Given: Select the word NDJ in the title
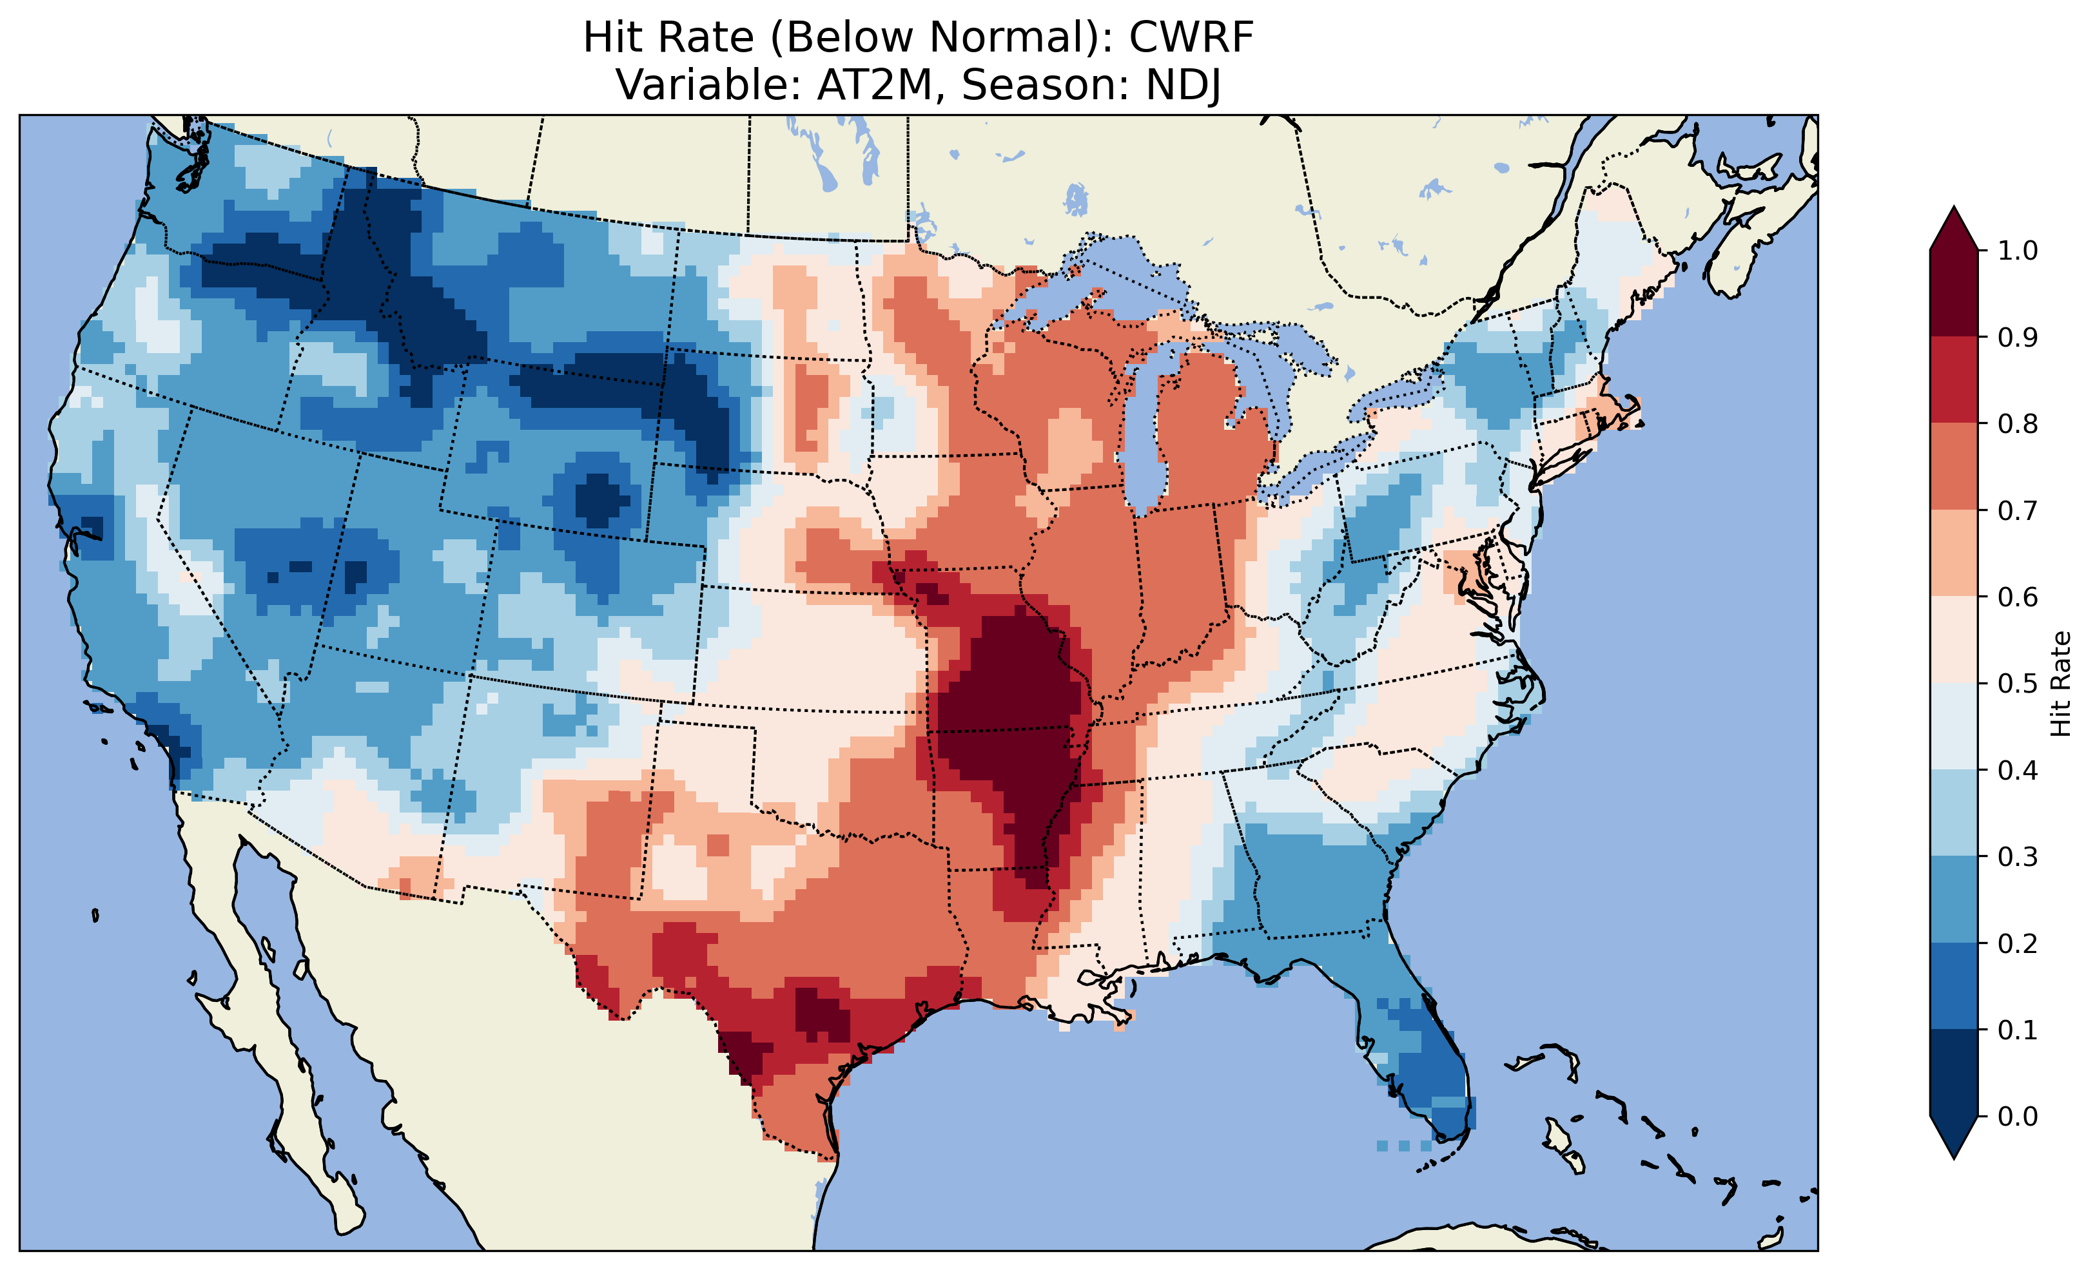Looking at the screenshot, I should pos(1184,85).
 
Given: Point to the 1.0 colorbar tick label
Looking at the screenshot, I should pos(2018,251).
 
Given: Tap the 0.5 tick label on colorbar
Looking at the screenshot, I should pos(2018,684).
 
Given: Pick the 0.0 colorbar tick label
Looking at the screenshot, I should pos(2018,1116).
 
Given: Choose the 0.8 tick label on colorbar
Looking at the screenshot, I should pos(2018,423).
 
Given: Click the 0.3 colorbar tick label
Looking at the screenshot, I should pos(2018,857).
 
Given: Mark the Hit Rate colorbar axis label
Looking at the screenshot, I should pos(2060,684).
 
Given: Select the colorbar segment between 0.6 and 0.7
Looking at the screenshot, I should pos(1954,553).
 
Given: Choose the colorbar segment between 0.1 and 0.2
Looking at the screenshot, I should pos(1954,986).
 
